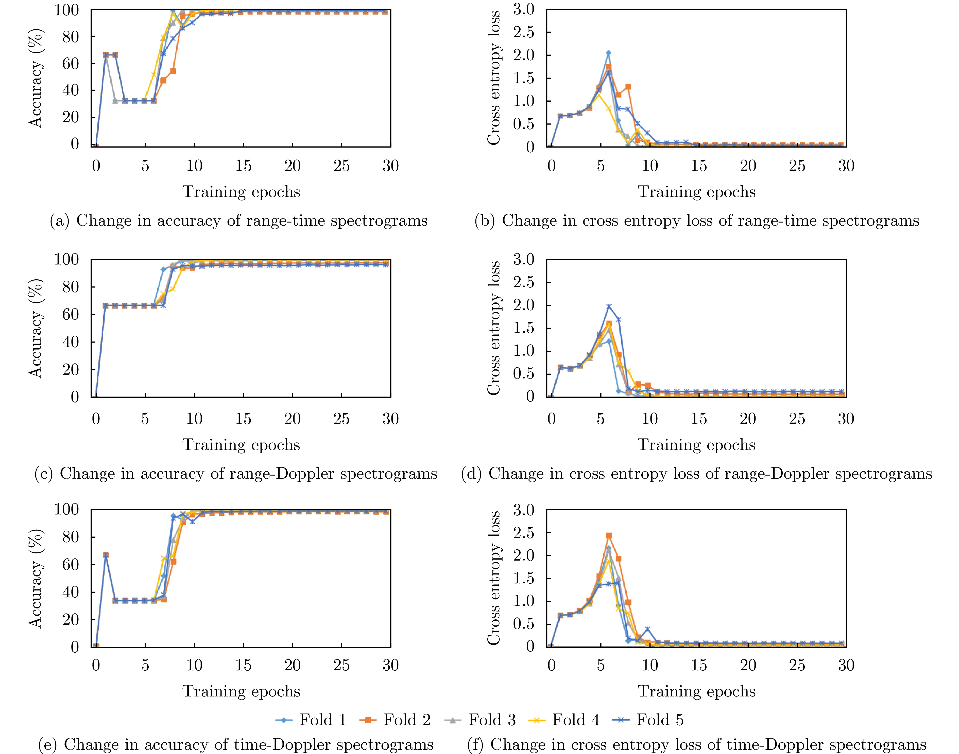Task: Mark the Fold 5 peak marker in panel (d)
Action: (x=609, y=306)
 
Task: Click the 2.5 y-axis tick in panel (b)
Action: (x=523, y=32)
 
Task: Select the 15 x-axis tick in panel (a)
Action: (x=243, y=166)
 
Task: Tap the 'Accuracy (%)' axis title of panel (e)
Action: (x=35, y=578)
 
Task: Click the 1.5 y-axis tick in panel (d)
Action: (x=523, y=328)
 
